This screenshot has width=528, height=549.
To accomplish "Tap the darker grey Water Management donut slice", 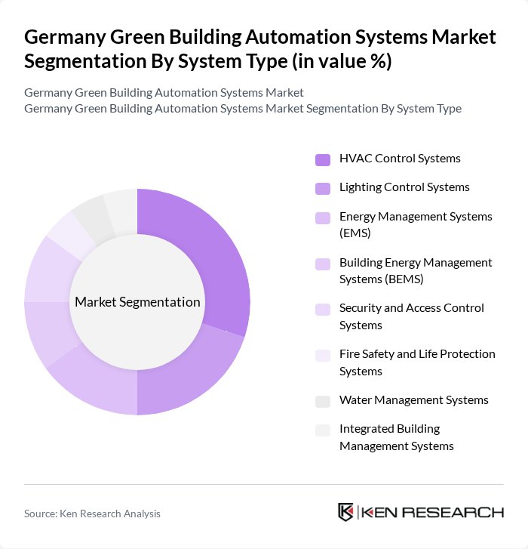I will pos(90,216).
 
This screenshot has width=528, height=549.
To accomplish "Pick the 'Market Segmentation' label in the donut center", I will pos(137,302).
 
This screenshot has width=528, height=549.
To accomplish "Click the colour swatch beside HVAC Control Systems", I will pos(323,159).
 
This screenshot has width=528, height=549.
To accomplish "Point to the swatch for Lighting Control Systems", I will pos(323,188).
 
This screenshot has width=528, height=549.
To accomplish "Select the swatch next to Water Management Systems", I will pos(323,401).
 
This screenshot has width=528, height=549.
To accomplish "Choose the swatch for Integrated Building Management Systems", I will pos(323,430).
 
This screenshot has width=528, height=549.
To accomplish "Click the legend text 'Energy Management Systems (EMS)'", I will pos(416,225).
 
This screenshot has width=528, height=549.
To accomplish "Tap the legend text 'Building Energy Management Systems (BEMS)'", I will pos(416,270).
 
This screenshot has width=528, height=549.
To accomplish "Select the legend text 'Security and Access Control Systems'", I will pos(412,316).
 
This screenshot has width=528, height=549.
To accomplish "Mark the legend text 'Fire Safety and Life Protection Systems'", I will pos(417,362).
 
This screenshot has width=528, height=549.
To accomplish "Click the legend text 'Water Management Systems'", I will pos(414,400).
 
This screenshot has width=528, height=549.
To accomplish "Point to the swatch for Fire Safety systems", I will pos(323,355).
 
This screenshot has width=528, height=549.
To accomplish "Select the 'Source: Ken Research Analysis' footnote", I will pos(92,514).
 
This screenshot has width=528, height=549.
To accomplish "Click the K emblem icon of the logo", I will pos(346,512).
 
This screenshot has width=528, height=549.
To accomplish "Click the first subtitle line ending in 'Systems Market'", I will pos(164,92).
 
